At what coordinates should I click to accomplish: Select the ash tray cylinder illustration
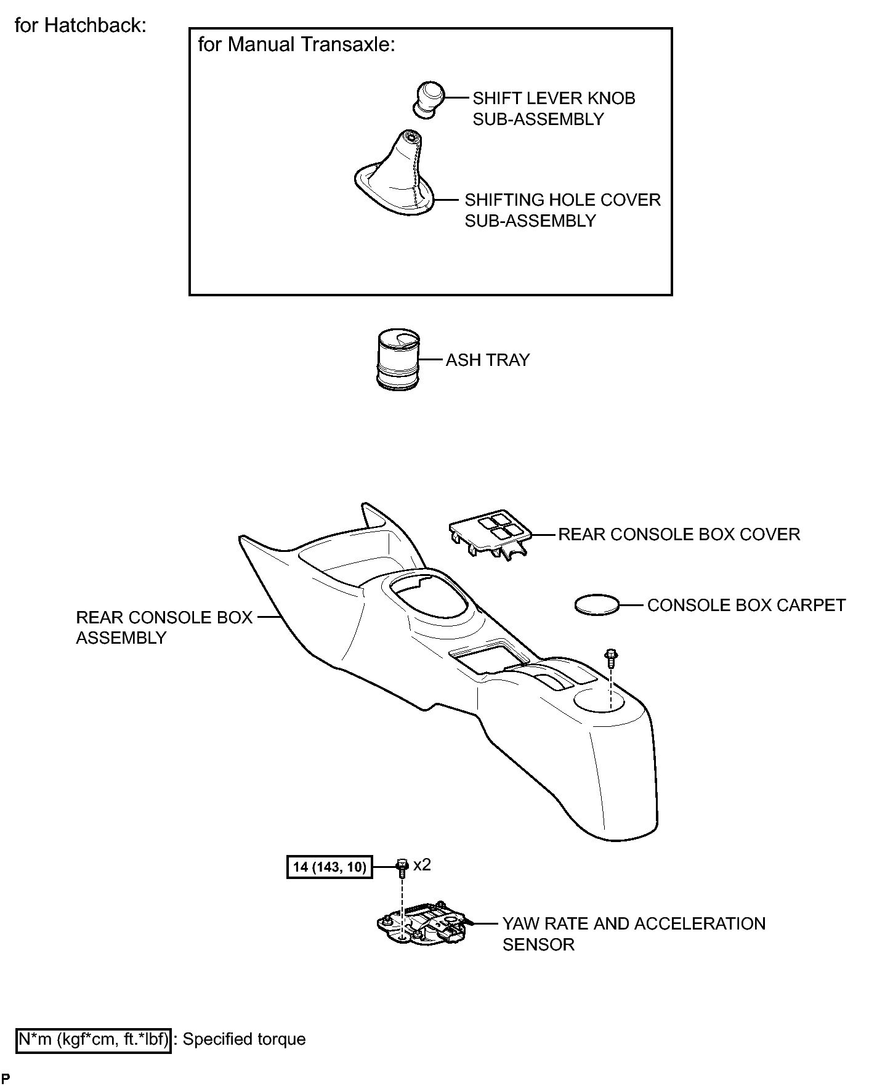click(x=398, y=361)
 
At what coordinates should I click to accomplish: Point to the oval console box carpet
click(x=596, y=604)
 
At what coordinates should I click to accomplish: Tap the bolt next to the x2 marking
click(x=402, y=867)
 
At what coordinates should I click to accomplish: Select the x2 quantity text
click(x=422, y=865)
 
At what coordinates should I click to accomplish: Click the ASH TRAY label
click(x=488, y=360)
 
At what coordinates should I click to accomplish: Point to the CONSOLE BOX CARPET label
click(x=746, y=605)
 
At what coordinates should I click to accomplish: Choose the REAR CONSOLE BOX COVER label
click(x=679, y=534)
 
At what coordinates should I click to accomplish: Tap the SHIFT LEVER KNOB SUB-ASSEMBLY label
click(x=554, y=108)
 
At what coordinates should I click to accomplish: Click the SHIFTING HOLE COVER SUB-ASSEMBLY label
click(x=562, y=210)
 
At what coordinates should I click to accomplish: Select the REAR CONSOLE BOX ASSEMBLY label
click(x=164, y=627)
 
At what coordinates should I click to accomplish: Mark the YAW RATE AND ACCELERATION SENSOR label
click(x=634, y=934)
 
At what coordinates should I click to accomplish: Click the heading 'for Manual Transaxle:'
click(x=296, y=45)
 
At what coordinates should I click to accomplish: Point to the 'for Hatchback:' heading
click(x=81, y=26)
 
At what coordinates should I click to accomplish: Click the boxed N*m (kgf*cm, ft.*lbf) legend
click(x=93, y=1039)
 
